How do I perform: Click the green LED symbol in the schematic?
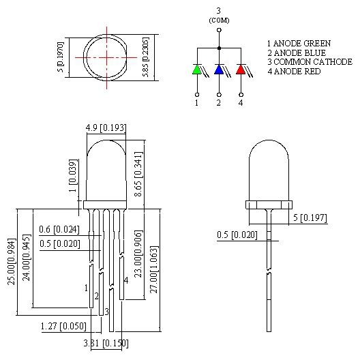tap(197, 70)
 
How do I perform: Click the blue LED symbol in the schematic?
tap(219, 70)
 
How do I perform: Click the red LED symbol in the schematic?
tap(241, 70)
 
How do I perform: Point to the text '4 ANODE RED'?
tap(293, 72)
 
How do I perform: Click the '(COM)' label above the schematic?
tap(219, 20)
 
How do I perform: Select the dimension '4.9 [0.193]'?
tap(105, 127)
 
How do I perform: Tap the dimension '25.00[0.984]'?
tap(12, 262)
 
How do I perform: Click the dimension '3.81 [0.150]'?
tap(105, 343)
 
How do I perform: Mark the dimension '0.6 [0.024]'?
tap(59, 229)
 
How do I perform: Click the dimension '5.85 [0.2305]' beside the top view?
tap(145, 57)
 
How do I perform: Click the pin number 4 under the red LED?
tap(241, 103)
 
